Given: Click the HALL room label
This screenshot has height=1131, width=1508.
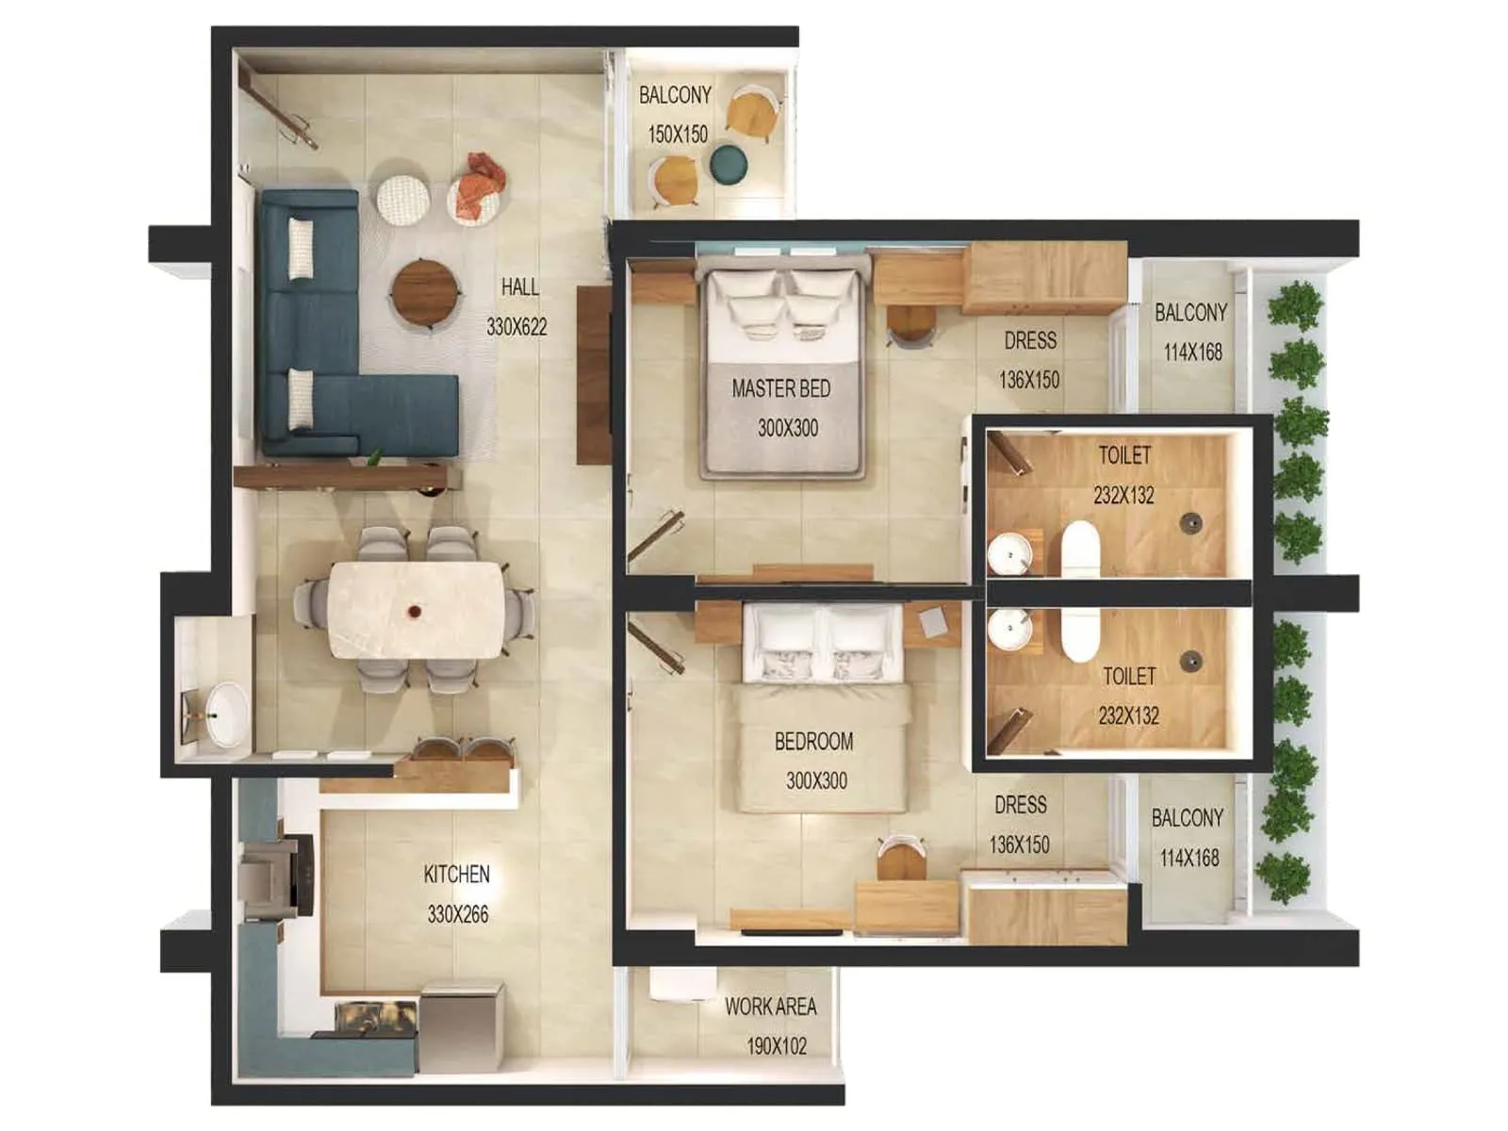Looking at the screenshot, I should [519, 287].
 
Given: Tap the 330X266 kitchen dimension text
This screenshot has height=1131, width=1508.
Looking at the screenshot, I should [458, 914].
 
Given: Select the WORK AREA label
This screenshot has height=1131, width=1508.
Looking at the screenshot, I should [770, 1007].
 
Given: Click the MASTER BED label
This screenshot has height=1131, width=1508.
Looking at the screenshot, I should [780, 388].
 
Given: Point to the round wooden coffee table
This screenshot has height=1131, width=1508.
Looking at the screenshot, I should [427, 293].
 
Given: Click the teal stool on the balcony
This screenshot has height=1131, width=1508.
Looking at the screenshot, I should [729, 164].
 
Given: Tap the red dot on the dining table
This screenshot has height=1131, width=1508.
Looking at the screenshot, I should [414, 612].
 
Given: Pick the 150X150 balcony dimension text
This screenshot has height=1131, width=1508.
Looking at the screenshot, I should [677, 135].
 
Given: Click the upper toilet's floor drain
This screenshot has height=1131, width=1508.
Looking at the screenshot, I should [1192, 520].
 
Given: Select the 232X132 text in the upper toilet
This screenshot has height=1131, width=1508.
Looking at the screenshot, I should [1123, 495].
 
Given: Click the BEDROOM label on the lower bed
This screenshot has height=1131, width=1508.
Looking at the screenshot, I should [813, 742].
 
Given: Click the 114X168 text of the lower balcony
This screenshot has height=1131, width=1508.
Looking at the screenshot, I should [1189, 858].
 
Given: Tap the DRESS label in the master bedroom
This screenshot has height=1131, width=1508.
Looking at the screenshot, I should [1029, 340].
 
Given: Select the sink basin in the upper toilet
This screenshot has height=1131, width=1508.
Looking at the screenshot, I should [1009, 554].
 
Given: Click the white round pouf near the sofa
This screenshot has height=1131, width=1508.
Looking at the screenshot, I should [403, 199].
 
